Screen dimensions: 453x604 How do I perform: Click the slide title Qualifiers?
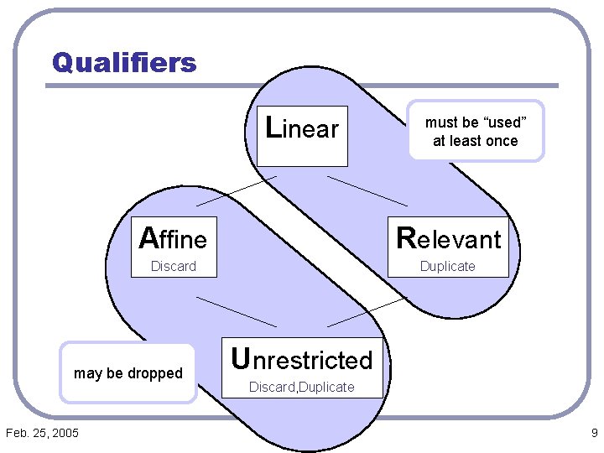pos(124,62)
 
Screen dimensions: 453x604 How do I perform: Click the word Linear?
pos(301,128)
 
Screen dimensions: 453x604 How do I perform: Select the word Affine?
pos(173,239)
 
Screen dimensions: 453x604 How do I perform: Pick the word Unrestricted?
pos(301,360)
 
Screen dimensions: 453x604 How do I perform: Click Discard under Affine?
pos(173,267)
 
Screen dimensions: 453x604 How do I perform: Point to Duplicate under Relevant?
pos(447,267)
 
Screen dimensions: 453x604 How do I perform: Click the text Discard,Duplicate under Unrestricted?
pos(301,388)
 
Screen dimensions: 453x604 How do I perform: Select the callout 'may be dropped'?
pos(128,373)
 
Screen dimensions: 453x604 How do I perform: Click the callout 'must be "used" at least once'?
pos(476,132)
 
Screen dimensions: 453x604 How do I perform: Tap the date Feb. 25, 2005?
pos(42,433)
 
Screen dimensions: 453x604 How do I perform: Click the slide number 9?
pos(594,433)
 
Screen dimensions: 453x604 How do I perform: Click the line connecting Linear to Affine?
pos(237,191)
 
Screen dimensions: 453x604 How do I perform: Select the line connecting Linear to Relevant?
pos(367,191)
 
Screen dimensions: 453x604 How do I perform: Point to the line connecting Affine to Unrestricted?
pos(237,311)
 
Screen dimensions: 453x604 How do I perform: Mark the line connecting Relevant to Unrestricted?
pos(367,311)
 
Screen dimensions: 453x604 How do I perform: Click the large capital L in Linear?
pos(272,128)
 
